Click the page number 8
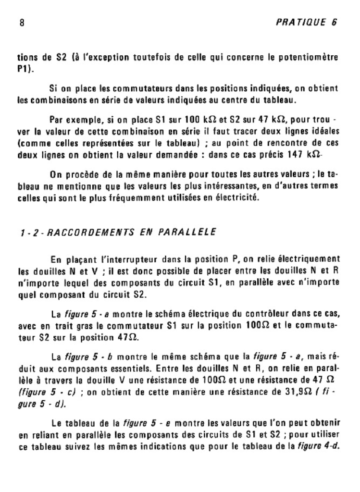(22, 23)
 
